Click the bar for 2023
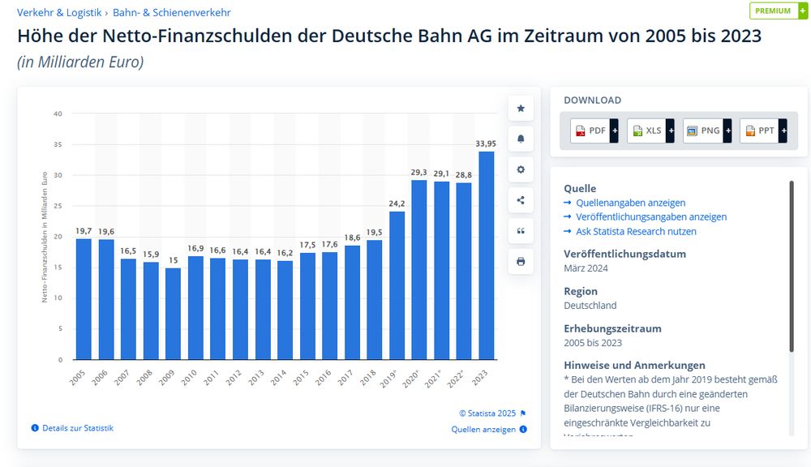[487, 255]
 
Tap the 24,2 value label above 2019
[397, 203]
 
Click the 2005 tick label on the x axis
[78, 378]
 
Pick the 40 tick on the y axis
[58, 114]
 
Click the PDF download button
[594, 131]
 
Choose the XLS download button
[650, 131]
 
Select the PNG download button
[706, 131]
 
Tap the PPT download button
[763, 131]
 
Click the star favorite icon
[521, 108]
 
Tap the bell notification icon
[521, 139]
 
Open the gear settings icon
[521, 169]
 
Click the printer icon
[521, 262]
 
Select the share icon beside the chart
[521, 200]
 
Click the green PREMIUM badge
[778, 11]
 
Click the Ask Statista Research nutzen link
[630, 231]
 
